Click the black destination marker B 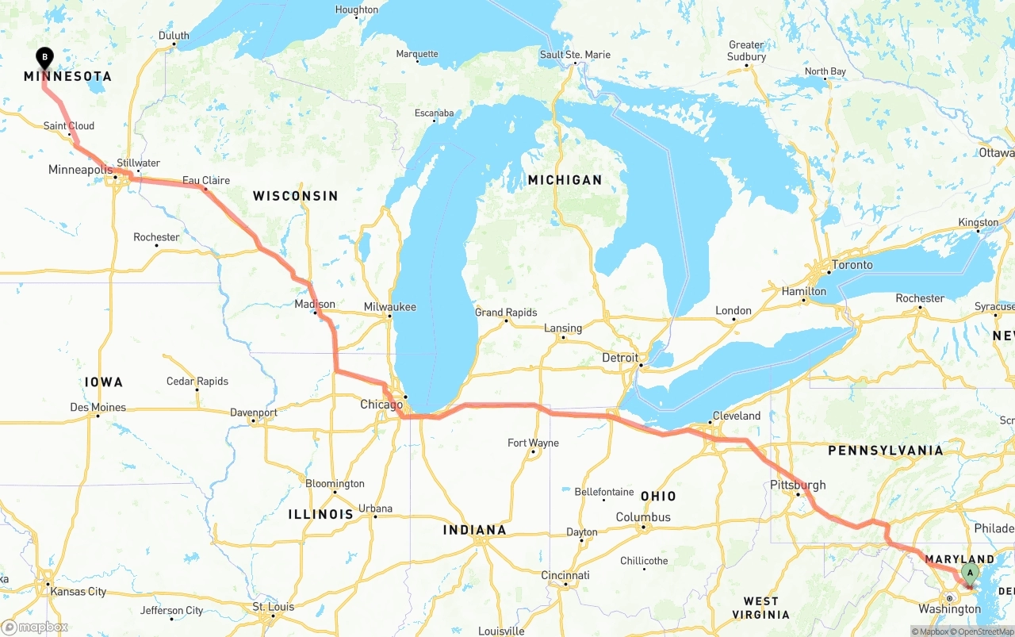[x=45, y=58]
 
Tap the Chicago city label [x=381, y=405]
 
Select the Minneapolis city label [x=80, y=170]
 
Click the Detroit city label [x=620, y=358]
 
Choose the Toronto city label [x=852, y=265]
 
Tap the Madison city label [x=315, y=304]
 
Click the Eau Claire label [x=206, y=180]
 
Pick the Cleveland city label [x=736, y=416]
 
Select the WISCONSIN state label [x=295, y=196]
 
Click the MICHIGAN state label [x=565, y=180]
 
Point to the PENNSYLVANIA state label [x=886, y=451]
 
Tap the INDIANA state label [x=474, y=530]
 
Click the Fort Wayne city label [x=533, y=443]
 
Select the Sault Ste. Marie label [x=575, y=55]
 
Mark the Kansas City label [x=78, y=591]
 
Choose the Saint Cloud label [x=69, y=125]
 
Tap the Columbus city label [x=643, y=517]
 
